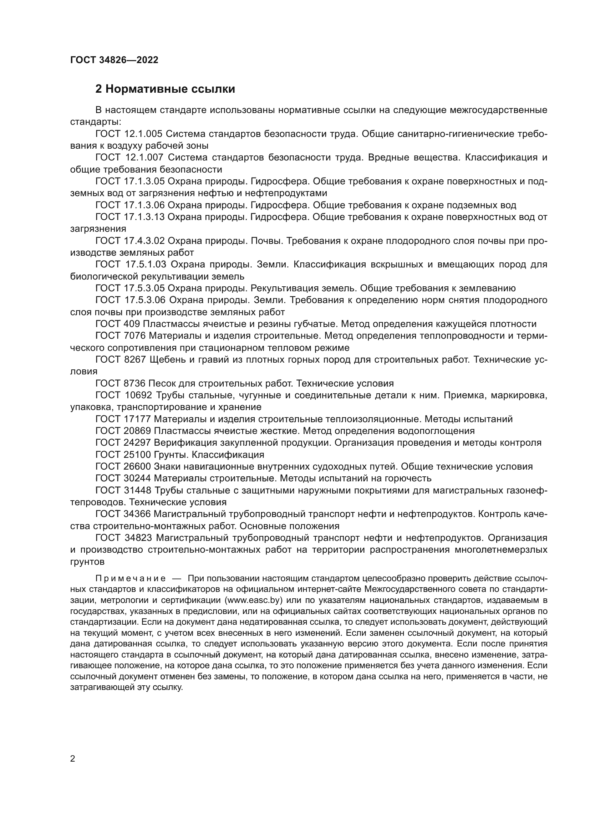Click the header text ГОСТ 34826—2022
point(114,60)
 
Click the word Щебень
point(167,359)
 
